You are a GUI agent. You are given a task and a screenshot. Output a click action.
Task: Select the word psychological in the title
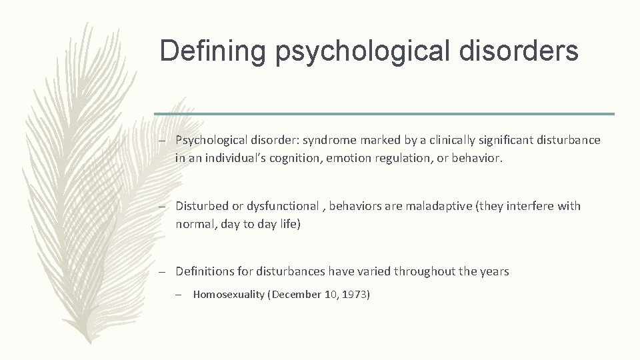[365, 51]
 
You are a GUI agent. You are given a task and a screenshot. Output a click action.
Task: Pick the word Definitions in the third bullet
[205, 271]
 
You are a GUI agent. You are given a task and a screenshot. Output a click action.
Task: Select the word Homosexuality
[228, 294]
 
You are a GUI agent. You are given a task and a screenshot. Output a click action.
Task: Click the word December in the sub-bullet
[296, 294]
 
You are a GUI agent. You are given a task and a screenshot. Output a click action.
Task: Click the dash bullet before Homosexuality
[183, 294]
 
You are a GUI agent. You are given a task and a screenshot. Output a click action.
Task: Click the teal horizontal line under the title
[384, 114]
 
